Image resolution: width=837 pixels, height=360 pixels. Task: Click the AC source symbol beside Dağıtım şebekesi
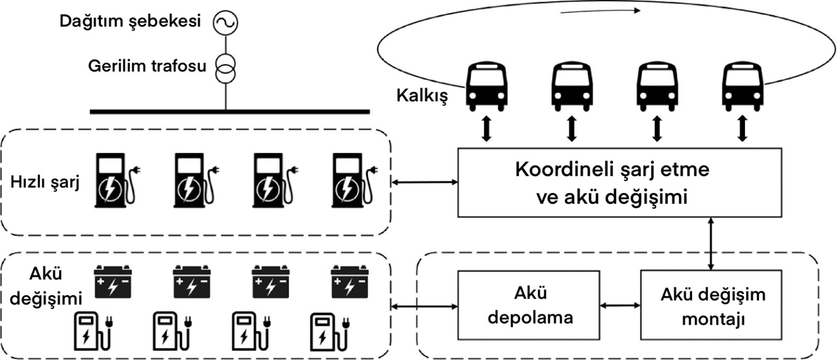[225, 22]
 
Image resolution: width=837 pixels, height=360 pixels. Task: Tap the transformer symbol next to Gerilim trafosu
[225, 68]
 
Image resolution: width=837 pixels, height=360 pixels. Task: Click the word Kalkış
[422, 97]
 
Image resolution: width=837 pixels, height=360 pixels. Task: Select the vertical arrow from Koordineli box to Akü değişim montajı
[711, 243]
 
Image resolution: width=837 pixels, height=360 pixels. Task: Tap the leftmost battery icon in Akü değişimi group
[113, 281]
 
